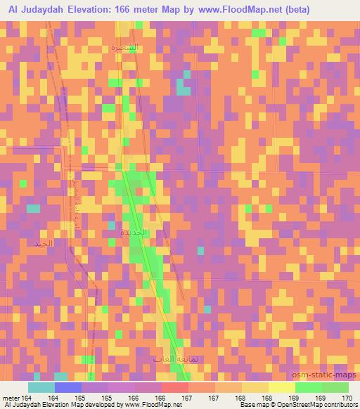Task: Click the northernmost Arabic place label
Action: pyautogui.click(x=124, y=48)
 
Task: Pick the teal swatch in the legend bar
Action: pyautogui.click(x=41, y=387)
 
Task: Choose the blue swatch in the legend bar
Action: pyautogui.click(x=67, y=387)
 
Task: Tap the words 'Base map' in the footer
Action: pyautogui.click(x=249, y=405)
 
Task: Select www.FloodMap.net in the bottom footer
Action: pyautogui.click(x=148, y=405)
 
